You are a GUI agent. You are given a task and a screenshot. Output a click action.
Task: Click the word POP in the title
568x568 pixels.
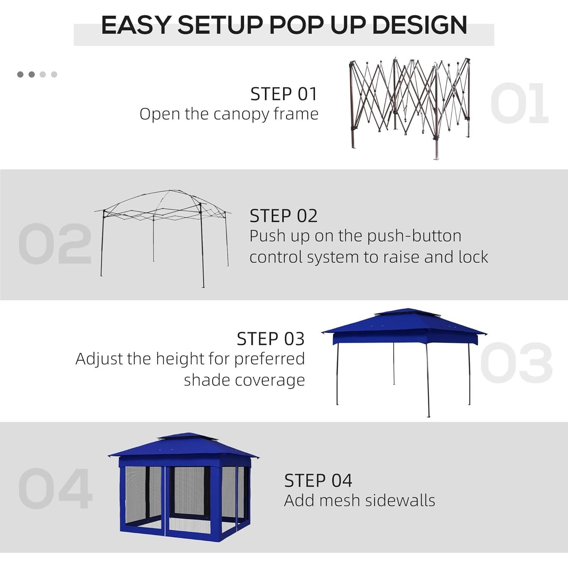[x=297, y=26]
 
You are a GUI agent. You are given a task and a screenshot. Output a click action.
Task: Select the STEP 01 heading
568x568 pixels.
[x=283, y=94]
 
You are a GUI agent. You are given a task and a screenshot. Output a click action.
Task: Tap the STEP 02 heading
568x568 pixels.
[x=283, y=216]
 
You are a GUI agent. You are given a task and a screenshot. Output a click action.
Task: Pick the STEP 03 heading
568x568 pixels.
[x=270, y=339]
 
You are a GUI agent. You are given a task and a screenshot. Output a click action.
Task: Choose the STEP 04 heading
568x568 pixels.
[x=318, y=481]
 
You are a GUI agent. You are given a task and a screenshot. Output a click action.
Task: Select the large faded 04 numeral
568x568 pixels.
[x=55, y=488]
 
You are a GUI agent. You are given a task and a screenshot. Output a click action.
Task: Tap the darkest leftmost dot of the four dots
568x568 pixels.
[x=20, y=75]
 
